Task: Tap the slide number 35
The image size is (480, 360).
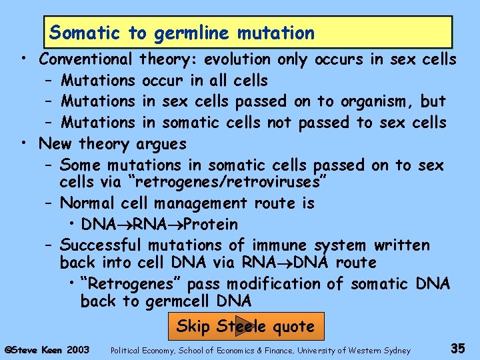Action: [x=457, y=347]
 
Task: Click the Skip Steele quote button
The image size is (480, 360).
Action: [x=245, y=327]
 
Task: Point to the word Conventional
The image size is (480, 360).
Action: [x=86, y=59]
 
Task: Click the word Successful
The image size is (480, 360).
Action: [x=101, y=245]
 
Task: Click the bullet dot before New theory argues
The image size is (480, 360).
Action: [x=23, y=142]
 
